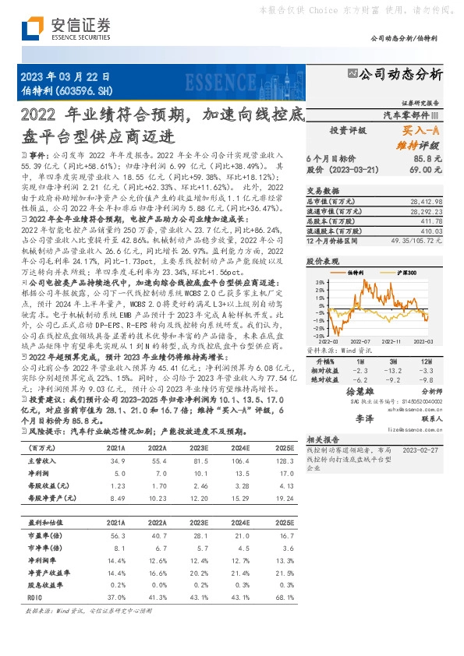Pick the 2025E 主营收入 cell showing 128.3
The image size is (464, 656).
[x=284, y=463]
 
